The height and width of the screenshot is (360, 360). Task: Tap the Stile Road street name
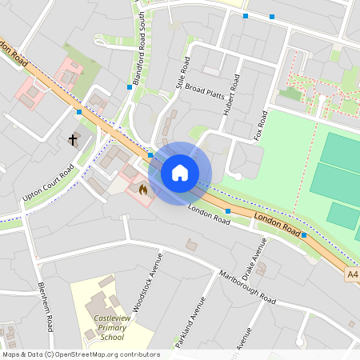pos(183,72)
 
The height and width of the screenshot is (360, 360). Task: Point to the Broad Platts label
pos(205,94)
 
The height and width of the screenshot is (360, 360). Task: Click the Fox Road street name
pos(260,123)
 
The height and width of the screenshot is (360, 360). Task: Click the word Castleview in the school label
pos(112,318)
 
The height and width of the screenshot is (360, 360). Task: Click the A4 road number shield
pos(353,274)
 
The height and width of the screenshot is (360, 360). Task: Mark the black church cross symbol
pos(73,140)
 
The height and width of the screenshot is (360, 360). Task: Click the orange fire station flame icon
pos(142,190)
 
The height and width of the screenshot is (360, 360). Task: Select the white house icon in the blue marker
pos(180,173)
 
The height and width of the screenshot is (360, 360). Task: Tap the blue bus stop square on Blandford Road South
pos(130,86)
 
